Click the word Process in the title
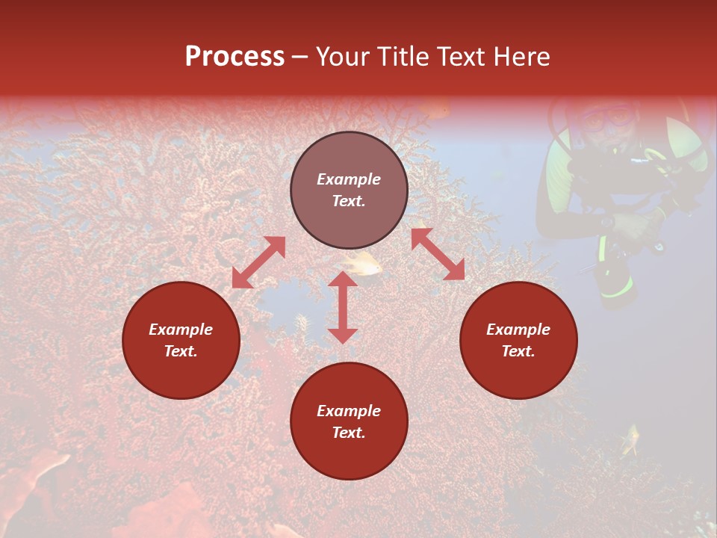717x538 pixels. point(235,57)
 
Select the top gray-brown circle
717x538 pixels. point(349,190)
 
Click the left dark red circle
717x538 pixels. point(181,340)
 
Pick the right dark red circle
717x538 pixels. point(518,340)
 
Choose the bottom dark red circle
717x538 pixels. point(349,421)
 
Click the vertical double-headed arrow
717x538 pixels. point(343,307)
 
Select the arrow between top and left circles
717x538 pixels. point(258,262)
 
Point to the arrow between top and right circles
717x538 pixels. point(438,255)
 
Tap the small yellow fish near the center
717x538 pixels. point(364,265)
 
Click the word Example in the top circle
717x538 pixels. point(349,179)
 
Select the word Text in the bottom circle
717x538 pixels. point(349,433)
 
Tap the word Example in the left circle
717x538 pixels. point(181,330)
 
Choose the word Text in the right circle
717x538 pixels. point(518,351)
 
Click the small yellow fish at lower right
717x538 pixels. point(631,439)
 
